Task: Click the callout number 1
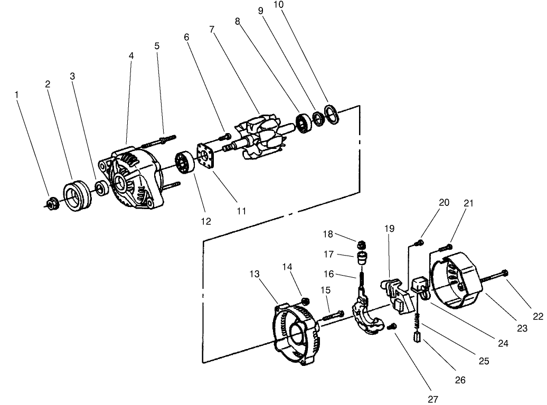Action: tap(17, 95)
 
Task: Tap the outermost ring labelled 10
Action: tap(332, 114)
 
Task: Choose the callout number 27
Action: tap(433, 400)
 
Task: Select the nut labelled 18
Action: tap(362, 244)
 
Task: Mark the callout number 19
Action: tap(390, 229)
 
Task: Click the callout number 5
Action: tap(157, 46)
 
